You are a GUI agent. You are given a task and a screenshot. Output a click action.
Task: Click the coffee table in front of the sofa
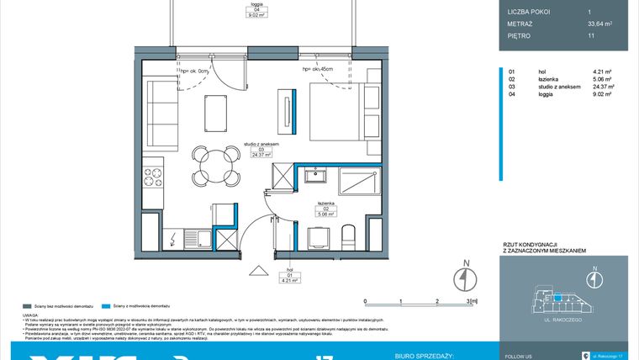click(216, 112)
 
